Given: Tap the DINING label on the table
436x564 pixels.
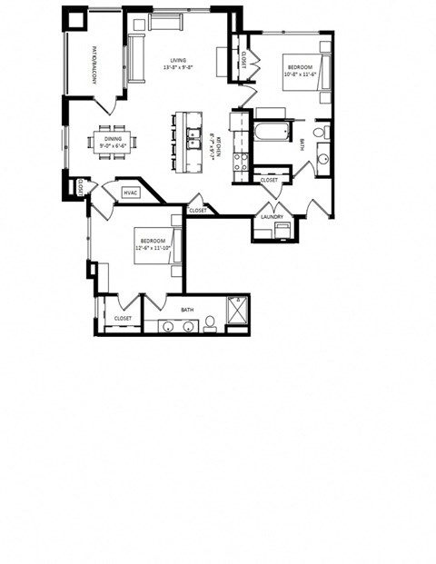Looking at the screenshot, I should coord(113,139).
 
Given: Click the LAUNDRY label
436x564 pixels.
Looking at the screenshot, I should coord(272,217).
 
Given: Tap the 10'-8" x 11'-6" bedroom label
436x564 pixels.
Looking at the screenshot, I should coord(302,72).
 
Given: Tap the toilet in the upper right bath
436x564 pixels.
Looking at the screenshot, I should coord(320,133).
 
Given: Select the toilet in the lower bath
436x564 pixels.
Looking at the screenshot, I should coord(210,322).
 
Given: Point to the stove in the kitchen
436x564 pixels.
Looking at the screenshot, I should coord(241,163).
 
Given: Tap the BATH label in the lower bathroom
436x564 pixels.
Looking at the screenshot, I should coord(187,310).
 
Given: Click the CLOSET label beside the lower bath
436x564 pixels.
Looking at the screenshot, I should coord(123,319).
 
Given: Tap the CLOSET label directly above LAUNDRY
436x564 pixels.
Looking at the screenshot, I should coord(269,180).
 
